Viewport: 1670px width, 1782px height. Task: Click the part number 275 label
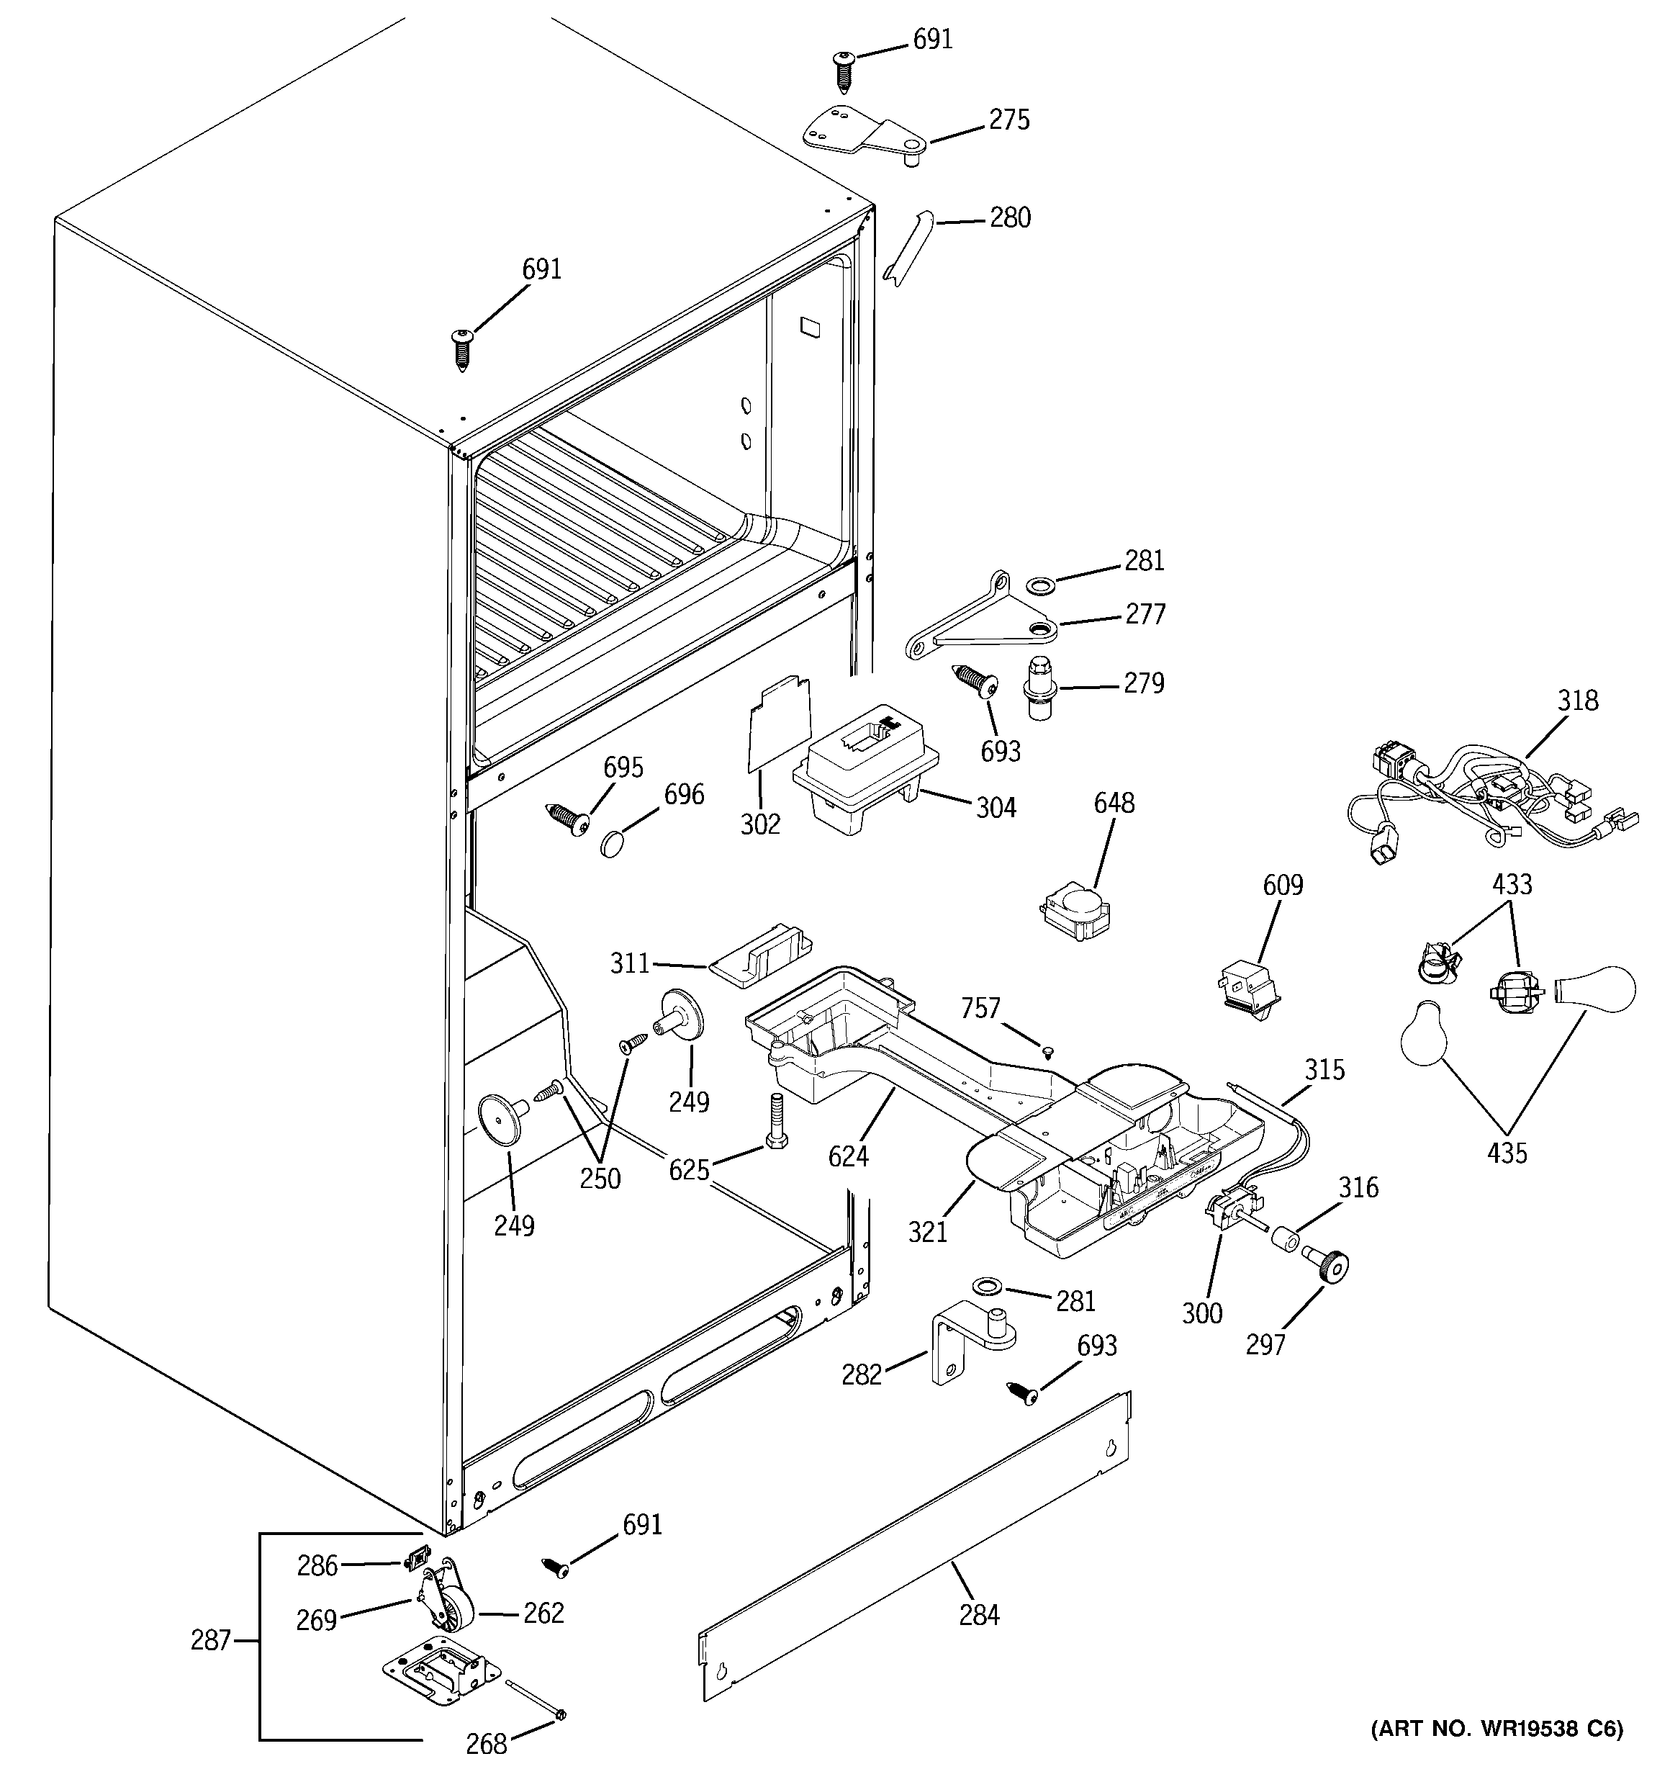[1008, 120]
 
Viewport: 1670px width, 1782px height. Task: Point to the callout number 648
[1114, 803]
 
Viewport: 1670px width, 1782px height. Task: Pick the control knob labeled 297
[1327, 1266]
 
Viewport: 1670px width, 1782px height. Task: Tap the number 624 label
[848, 1157]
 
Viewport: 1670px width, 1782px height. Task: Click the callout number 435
[1506, 1153]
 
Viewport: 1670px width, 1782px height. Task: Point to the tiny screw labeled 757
[1047, 1053]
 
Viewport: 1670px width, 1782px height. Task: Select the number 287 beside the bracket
[211, 1640]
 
